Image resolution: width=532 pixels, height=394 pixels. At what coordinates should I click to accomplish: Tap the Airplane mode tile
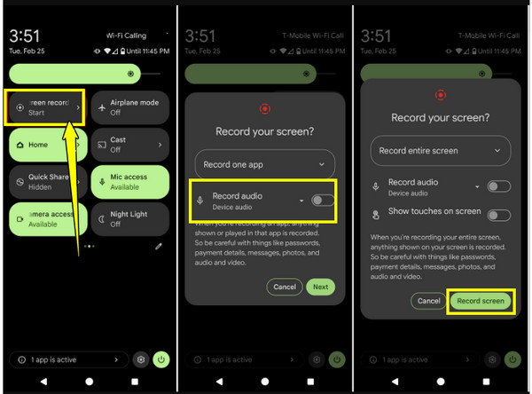(x=130, y=107)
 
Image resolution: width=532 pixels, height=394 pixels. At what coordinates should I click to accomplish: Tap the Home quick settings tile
(x=44, y=145)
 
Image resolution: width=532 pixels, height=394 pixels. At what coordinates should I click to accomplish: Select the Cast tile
(x=130, y=145)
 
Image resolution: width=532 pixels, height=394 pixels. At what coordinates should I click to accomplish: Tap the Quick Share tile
(x=44, y=181)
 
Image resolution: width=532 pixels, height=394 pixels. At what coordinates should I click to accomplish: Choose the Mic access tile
(x=130, y=181)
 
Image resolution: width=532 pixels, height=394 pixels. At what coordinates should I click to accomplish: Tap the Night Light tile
(x=130, y=218)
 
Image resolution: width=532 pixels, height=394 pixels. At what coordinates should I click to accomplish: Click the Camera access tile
(x=44, y=218)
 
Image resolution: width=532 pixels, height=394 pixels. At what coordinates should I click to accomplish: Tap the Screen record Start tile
(x=44, y=107)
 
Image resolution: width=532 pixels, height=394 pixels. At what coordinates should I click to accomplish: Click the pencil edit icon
(x=158, y=245)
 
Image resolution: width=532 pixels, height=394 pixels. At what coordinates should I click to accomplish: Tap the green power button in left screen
(x=160, y=359)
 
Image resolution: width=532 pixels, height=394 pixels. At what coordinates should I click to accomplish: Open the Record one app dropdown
(x=264, y=164)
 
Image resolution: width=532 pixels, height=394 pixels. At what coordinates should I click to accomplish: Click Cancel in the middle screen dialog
(x=285, y=287)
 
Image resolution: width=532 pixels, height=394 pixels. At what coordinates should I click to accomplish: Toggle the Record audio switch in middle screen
(x=324, y=201)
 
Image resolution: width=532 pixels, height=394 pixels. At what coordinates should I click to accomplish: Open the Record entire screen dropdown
(x=441, y=151)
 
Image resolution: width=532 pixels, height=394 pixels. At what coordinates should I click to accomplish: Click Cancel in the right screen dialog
(x=428, y=301)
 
